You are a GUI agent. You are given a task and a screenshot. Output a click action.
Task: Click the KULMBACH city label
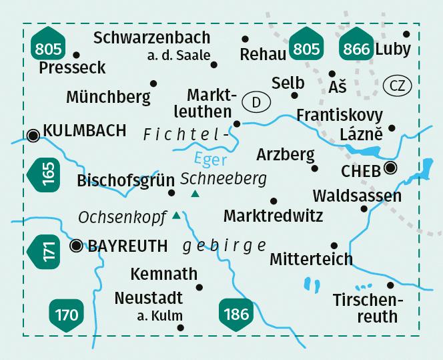[84, 131]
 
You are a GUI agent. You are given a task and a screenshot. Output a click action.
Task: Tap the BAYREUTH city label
[128, 246]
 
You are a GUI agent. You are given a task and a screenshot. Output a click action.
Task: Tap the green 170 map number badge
[67, 313]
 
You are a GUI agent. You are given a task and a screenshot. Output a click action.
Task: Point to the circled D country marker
[256, 102]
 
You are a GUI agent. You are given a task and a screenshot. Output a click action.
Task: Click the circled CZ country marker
[398, 85]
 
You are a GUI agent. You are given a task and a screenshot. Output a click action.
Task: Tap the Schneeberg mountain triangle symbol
[195, 194]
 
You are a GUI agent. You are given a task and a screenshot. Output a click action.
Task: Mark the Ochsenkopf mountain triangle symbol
[176, 215]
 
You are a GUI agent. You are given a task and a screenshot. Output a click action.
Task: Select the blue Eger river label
[211, 159]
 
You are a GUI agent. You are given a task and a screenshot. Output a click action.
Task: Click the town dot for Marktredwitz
[273, 201]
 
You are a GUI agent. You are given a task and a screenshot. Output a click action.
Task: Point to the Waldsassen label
[357, 196]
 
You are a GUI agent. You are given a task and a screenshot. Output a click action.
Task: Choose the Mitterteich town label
[311, 258]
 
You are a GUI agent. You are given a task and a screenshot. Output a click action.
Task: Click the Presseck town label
[72, 67]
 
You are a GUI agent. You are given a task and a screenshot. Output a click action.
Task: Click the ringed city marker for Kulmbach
[33, 136]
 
